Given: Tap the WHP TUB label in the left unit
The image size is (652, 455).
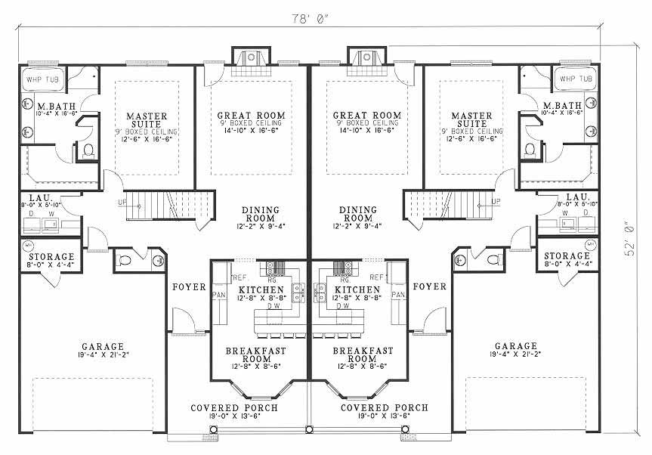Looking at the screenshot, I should tap(42, 78).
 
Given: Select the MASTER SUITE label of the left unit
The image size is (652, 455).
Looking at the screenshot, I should tap(147, 121).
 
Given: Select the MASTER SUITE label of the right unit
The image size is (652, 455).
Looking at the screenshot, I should tap(472, 121).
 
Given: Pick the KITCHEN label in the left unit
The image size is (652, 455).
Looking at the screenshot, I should tap(261, 289).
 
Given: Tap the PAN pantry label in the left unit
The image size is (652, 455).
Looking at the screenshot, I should tap(221, 295).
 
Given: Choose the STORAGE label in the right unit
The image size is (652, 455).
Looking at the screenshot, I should tap(567, 256).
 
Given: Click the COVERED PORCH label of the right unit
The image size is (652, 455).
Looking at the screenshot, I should tap(384, 407).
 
